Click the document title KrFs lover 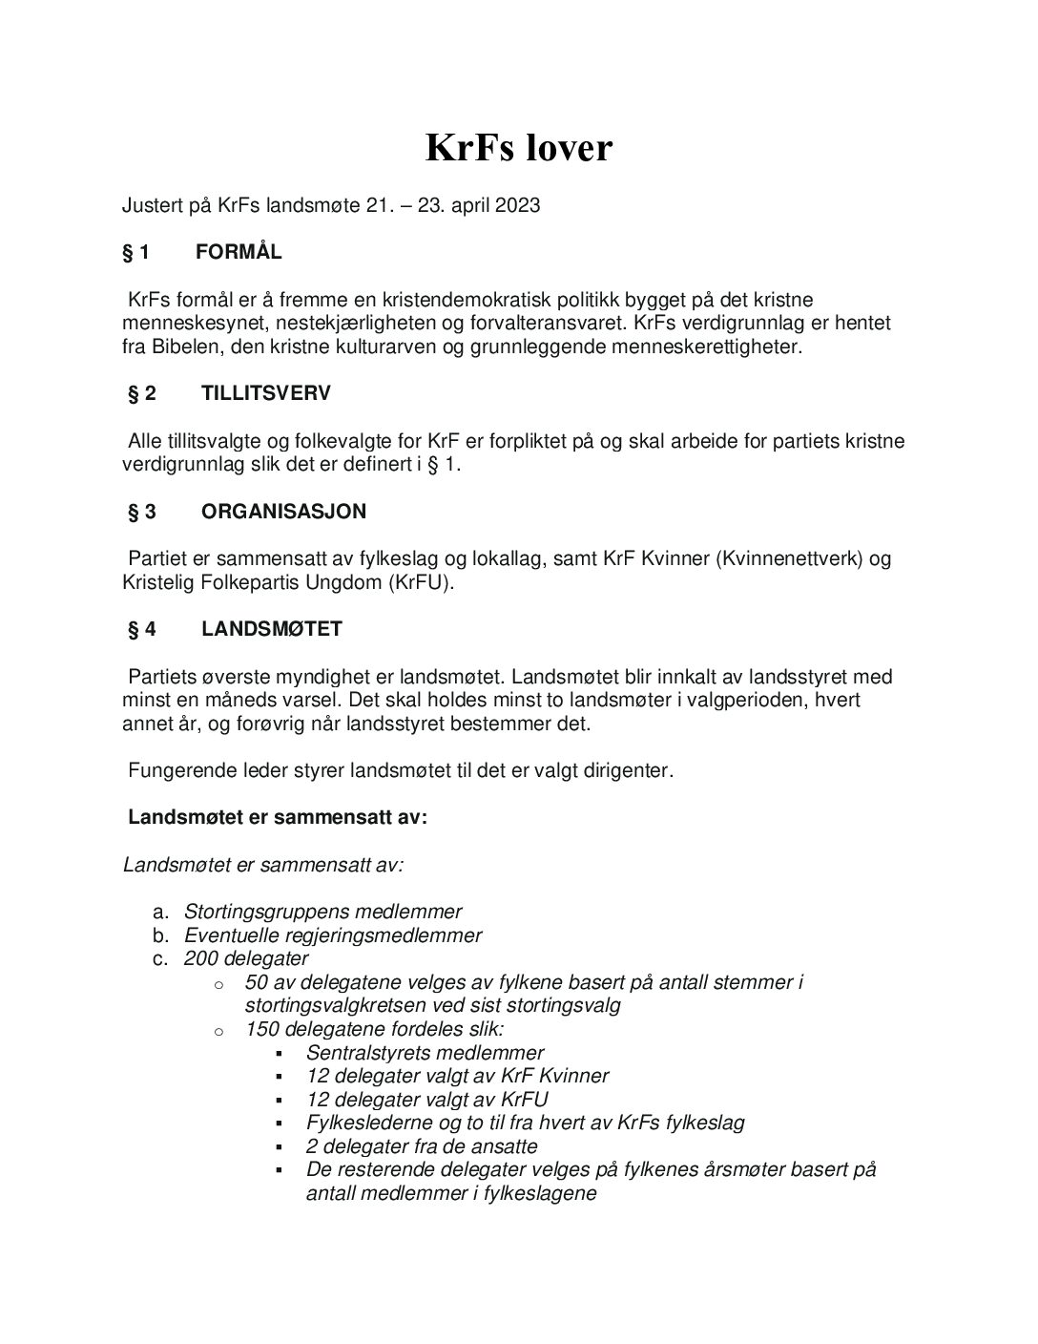click(x=518, y=148)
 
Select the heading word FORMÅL click(x=239, y=252)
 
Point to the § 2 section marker click(x=142, y=393)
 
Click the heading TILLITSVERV click(x=266, y=393)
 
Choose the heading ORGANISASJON click(x=283, y=512)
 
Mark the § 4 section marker click(x=142, y=629)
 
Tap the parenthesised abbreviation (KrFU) click(x=419, y=582)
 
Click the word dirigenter click(x=625, y=770)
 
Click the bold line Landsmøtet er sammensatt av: click(x=278, y=817)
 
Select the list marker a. click(x=160, y=912)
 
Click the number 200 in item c click(x=201, y=958)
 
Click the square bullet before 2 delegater click(x=280, y=1147)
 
